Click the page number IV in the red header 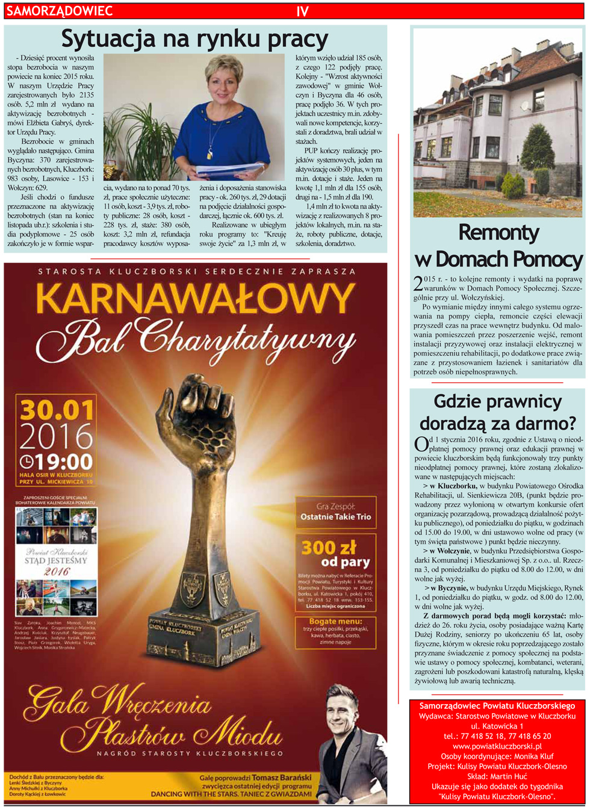coord(302,11)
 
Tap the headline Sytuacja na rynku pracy coord(194,39)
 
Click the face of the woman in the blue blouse coord(223,80)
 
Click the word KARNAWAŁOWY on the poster coord(196,299)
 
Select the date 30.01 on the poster coord(57,410)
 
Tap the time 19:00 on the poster coord(58,462)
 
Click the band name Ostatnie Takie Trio coord(336,516)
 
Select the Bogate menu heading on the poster coord(336,621)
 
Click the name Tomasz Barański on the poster coord(281,778)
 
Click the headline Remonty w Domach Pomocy coord(498,246)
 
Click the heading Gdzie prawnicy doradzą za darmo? coord(497,412)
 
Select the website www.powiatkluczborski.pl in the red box coord(497,746)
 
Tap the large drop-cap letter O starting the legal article coord(421,445)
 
